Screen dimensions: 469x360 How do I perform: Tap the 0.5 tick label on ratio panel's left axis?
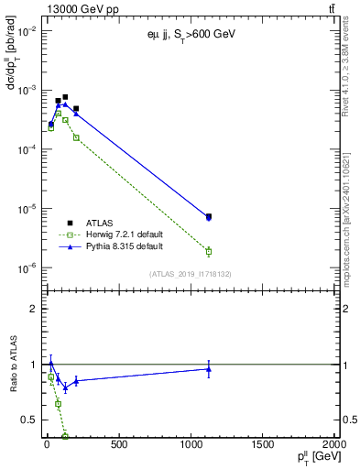[30, 420]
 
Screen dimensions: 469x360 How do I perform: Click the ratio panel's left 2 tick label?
[35, 309]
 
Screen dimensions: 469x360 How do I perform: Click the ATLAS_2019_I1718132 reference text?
[190, 274]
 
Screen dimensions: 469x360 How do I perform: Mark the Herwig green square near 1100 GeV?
[209, 251]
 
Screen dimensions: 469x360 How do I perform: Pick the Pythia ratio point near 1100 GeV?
[209, 369]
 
